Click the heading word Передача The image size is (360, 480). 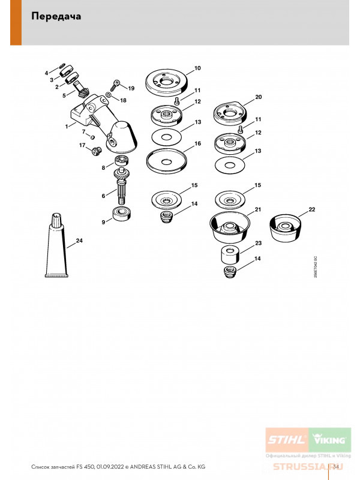(x=56, y=17)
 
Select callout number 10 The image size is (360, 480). (x=197, y=68)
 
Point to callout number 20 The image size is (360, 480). (x=259, y=97)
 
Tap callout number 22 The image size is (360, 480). (x=311, y=209)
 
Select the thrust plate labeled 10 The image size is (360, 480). (x=167, y=80)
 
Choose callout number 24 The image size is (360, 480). (x=79, y=243)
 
